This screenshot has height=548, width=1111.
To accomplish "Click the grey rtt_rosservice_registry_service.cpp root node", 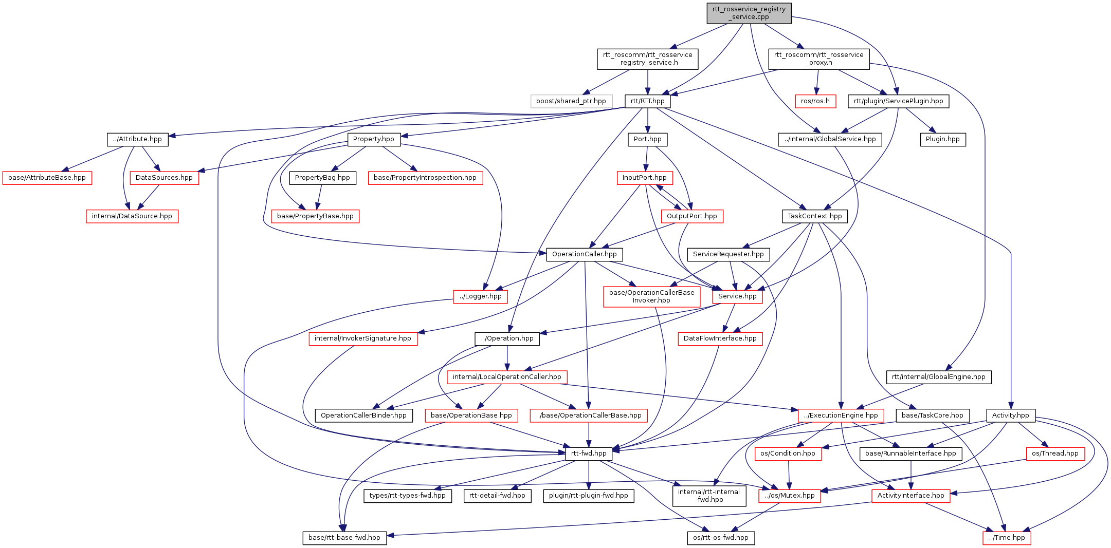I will tap(749, 13).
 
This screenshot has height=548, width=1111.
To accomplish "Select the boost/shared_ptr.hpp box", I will tap(571, 101).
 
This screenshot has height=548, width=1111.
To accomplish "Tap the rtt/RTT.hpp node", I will tap(647, 101).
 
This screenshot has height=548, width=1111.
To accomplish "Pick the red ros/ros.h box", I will tap(815, 101).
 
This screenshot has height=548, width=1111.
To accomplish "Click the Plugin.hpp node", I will tap(942, 139).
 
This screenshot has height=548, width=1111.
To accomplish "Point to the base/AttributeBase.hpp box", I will tap(47, 178).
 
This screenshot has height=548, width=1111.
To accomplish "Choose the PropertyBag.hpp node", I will tap(322, 178).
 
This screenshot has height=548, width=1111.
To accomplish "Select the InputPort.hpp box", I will tap(644, 178).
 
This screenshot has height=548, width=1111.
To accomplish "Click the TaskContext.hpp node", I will tap(814, 216).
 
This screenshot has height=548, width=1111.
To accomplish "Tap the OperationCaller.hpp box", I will tap(584, 254).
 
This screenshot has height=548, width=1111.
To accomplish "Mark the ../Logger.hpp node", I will tap(480, 296).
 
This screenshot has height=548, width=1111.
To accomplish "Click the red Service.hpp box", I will tap(737, 296).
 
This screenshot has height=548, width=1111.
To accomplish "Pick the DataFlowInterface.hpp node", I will tap(720, 338).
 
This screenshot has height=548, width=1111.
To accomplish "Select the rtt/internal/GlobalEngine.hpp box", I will tap(938, 377).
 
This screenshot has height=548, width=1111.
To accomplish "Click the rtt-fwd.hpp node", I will tap(589, 453).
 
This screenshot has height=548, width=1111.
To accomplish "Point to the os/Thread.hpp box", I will tap(1055, 453).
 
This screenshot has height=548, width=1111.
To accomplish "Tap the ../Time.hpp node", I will tap(1006, 538).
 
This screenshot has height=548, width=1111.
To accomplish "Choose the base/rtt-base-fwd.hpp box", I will tap(344, 538).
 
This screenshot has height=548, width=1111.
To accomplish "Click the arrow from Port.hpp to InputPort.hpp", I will tap(646, 158).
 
